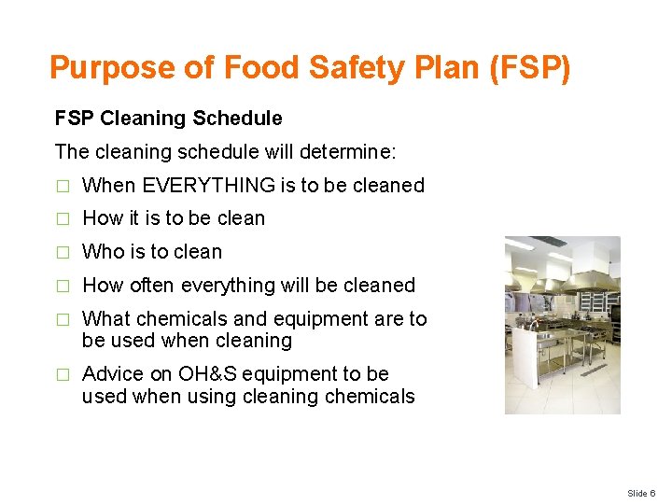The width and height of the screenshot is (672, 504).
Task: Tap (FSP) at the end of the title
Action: coord(529,68)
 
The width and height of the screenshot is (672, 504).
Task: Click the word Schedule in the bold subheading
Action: coord(237,119)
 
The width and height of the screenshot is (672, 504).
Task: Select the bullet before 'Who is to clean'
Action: coord(63,252)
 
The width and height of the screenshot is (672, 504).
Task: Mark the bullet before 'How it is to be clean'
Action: coord(63,218)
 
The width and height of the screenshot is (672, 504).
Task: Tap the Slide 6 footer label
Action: coord(641,492)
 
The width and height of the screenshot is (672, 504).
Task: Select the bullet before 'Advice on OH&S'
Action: coord(63,374)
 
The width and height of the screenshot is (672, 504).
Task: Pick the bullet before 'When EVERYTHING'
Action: coord(63,186)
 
